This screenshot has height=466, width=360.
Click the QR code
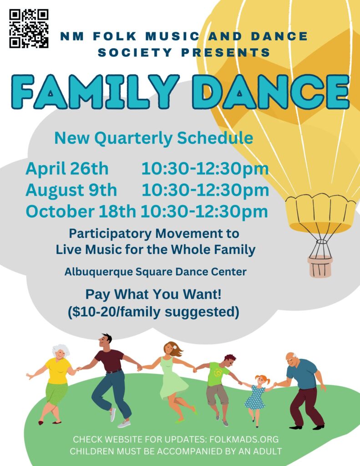click(29, 28)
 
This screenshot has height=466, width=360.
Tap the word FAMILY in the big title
click(95, 91)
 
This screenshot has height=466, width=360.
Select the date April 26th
click(67, 168)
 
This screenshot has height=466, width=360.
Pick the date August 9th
click(71, 190)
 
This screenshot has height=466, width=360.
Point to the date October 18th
click(81, 211)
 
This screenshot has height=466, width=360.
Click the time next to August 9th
click(205, 190)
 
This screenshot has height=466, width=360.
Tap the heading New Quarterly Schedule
click(154, 138)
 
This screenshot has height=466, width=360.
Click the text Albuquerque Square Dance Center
click(156, 272)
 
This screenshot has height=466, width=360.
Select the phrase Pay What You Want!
click(153, 294)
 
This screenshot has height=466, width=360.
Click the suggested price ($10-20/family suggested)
click(153, 312)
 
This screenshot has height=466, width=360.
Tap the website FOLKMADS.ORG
click(244, 439)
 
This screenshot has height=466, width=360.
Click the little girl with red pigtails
click(256, 395)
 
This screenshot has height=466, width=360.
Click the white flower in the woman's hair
click(175, 347)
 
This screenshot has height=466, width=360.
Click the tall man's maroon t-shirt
click(109, 360)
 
